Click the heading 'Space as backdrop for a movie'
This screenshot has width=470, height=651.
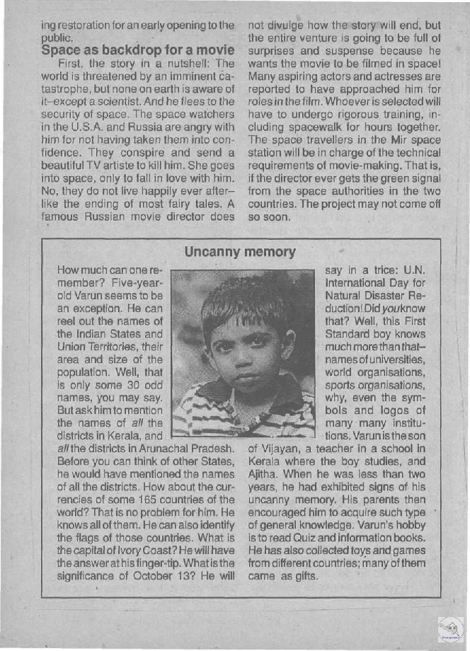point(137,50)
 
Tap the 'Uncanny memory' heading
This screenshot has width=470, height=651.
point(239,251)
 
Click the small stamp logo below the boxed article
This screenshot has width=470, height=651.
point(450,630)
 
